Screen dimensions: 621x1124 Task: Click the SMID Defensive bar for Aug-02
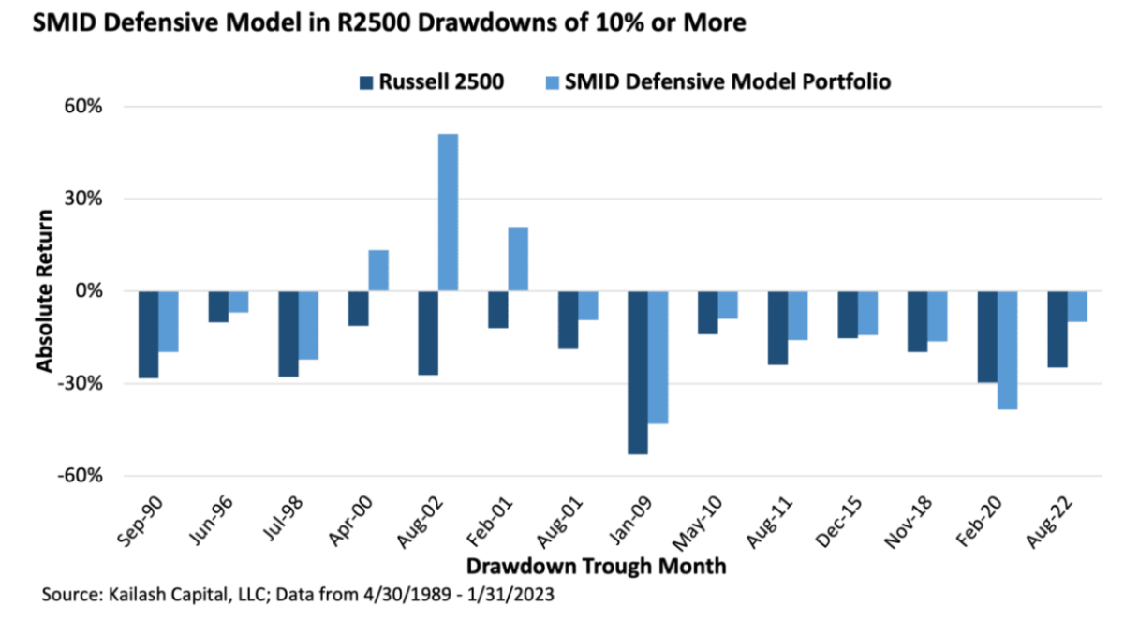click(x=448, y=213)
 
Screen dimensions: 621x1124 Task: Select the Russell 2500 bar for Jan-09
click(x=638, y=372)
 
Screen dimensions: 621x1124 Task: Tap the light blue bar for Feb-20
click(x=1008, y=349)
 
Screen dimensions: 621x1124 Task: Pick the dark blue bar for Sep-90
click(x=148, y=333)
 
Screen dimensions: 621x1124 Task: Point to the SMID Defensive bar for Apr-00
click(x=377, y=270)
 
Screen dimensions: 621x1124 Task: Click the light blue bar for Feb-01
click(x=518, y=259)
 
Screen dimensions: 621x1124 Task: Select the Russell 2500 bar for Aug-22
click(x=1057, y=328)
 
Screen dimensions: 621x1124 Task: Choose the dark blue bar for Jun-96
click(x=218, y=306)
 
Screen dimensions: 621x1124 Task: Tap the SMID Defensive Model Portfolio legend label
click(x=727, y=81)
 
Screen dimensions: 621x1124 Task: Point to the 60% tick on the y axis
click(x=83, y=106)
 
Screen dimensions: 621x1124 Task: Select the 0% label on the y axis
click(x=88, y=291)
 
